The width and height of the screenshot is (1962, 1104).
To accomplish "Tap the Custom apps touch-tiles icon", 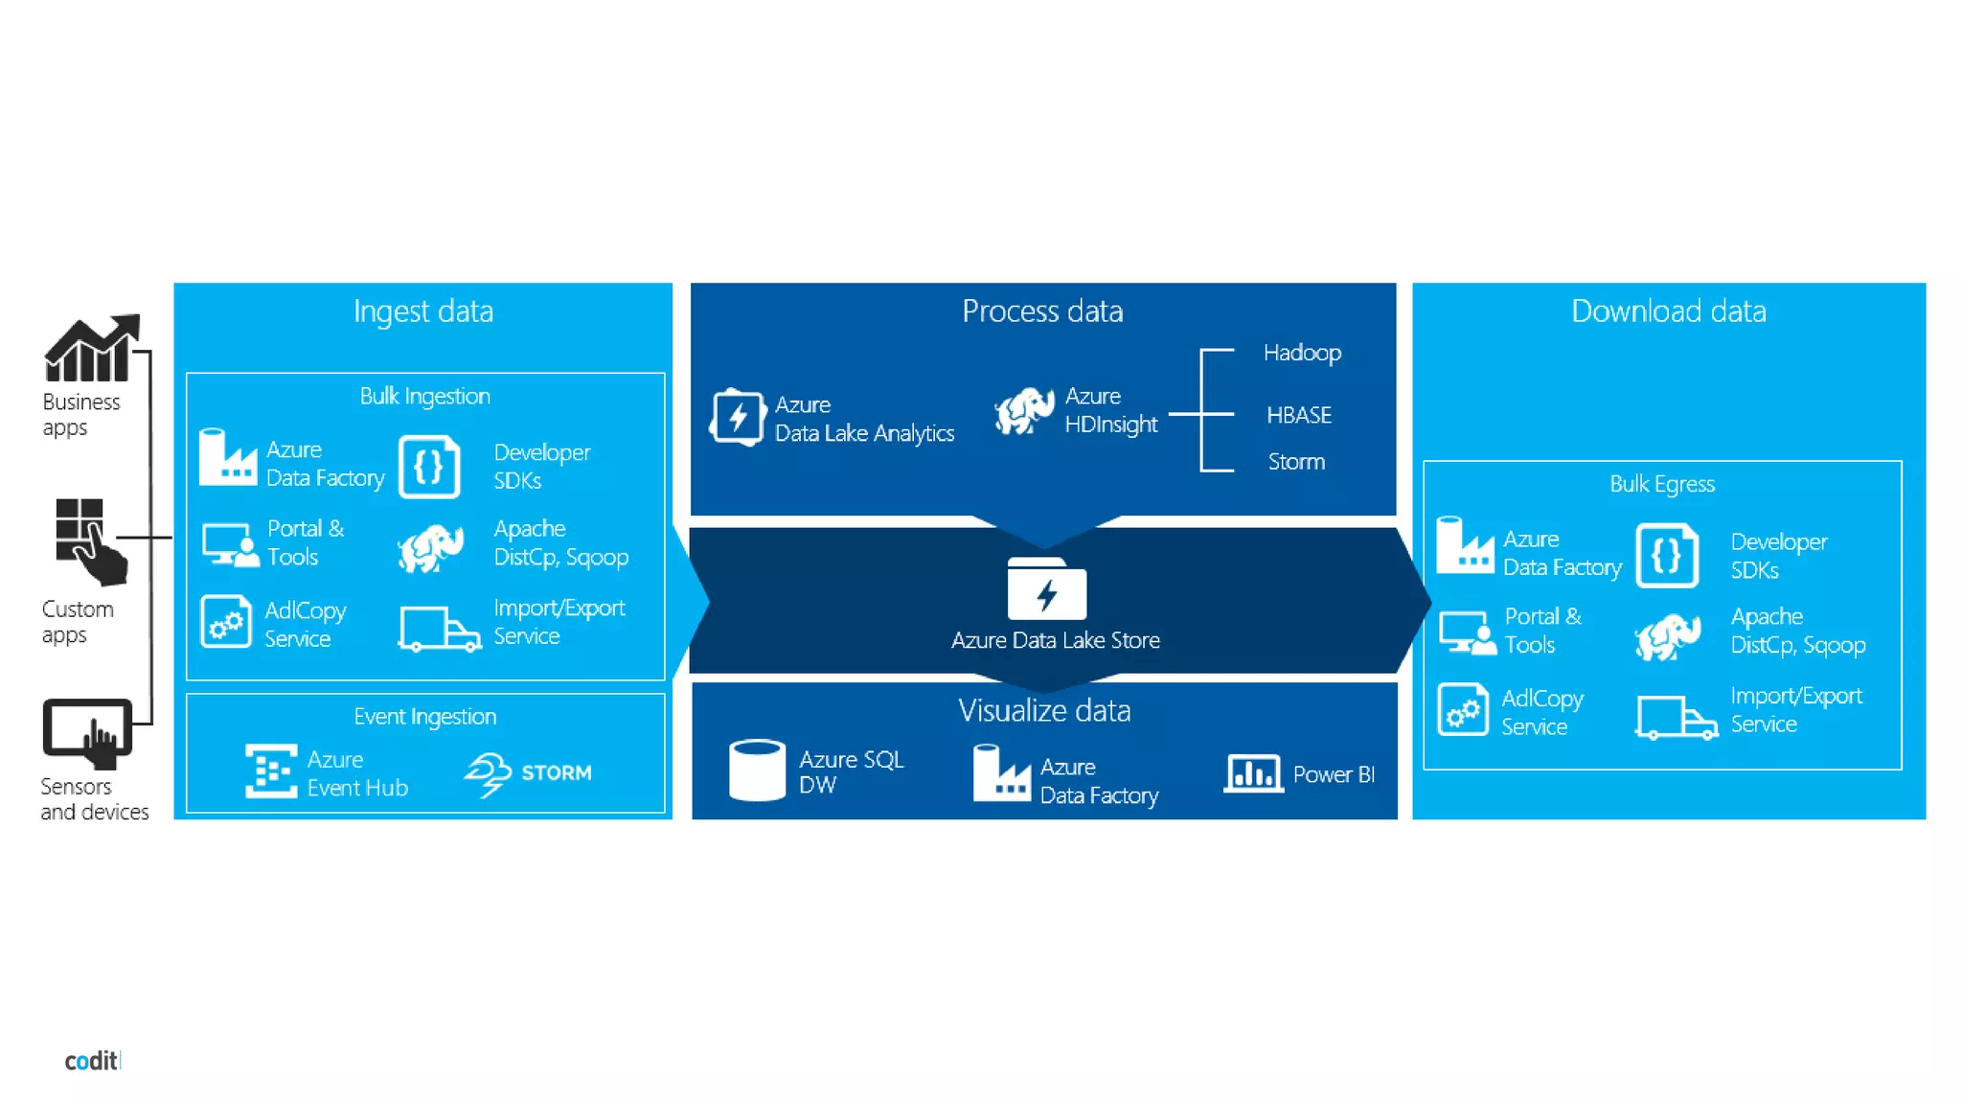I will pos(89,540).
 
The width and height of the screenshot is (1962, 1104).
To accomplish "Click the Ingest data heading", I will pos(422,311).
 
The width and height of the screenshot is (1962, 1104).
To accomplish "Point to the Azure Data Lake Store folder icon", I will pos(1046,589).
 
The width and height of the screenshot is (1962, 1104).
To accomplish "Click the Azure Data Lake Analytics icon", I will pos(737,418).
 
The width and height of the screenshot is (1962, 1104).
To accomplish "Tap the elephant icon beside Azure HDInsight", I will pos(1024,411).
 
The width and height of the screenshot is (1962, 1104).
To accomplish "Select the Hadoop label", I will pos(1301,353).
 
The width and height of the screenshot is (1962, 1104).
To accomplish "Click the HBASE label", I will pos(1298,415).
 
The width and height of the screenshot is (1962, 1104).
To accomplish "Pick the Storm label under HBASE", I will pos(1296,462).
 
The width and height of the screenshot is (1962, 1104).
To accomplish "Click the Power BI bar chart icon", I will pos(1253,773).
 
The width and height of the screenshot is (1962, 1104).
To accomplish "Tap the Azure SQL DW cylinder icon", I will pos(757,770).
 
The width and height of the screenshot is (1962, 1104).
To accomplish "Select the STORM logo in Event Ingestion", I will pos(528,773).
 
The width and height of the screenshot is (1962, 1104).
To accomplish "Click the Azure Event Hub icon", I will pos(271,771).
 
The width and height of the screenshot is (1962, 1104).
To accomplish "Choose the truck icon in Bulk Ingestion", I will pos(439,629).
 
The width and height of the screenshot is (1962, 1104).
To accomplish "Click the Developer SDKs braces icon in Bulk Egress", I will pos(1667,556).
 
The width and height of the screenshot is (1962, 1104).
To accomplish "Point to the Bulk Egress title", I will pos(1661,484).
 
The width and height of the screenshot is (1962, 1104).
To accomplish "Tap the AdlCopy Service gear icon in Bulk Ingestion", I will pos(226,622).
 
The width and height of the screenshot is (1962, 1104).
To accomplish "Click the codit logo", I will pos(92,1061).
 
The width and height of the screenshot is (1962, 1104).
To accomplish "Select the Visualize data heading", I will pos(1044,711).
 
